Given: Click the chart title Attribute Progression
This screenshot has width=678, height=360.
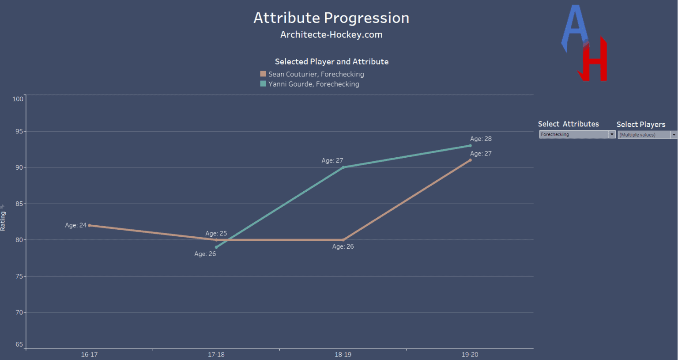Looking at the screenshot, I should (331, 18).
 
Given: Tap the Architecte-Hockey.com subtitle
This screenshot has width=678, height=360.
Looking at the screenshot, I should (331, 34).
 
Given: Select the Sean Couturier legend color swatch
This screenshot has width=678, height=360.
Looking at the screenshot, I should (263, 74).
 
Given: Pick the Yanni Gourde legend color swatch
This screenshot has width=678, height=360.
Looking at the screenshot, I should (263, 83).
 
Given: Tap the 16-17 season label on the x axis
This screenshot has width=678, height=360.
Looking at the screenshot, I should (89, 354).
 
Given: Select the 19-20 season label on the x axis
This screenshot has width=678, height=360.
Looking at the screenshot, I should (470, 354).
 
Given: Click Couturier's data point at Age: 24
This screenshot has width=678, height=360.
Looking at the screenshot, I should (90, 225).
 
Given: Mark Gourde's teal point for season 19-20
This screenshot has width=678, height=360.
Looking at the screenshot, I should (470, 145).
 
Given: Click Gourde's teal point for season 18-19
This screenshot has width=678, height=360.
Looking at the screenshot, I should (343, 167).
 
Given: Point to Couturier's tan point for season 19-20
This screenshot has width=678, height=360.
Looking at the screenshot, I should (470, 160).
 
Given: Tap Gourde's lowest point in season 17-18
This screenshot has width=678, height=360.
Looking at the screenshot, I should (216, 247).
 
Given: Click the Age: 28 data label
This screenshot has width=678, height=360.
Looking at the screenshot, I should (481, 139).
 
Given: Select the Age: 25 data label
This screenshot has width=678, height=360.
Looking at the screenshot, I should (216, 233).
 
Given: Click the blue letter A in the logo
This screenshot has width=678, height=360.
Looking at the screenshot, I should (574, 29).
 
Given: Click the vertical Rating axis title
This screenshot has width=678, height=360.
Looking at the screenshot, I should (3, 221).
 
